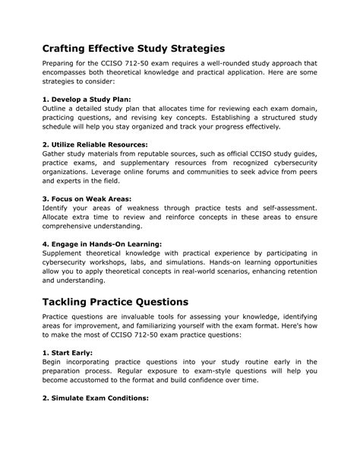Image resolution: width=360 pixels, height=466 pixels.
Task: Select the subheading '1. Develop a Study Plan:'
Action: tap(87, 99)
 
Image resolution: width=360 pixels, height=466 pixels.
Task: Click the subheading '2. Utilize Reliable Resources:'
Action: tap(95, 144)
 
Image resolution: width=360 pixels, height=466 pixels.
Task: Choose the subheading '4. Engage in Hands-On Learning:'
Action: tap(102, 243)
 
